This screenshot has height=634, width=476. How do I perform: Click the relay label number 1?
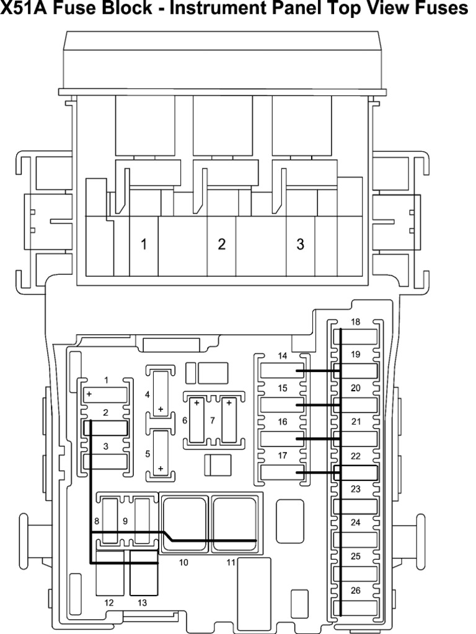(144, 244)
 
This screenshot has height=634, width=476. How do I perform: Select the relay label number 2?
(221, 244)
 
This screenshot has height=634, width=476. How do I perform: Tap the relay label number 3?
(300, 244)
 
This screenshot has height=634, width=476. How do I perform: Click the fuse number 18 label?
(355, 322)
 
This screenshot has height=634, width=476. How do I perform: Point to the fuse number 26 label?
(355, 591)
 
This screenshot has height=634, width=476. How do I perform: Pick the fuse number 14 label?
(283, 356)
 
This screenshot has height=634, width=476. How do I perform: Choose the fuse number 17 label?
(283, 456)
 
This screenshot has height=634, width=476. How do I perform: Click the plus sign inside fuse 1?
(89, 394)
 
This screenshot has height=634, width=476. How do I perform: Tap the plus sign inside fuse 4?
(161, 409)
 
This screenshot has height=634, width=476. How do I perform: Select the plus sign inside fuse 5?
(161, 468)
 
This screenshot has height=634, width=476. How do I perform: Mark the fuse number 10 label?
(183, 562)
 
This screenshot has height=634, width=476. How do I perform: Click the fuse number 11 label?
(231, 562)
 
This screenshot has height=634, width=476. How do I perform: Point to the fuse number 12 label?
(109, 603)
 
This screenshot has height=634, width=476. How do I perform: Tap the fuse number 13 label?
(142, 603)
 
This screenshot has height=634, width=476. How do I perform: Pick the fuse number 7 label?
(213, 420)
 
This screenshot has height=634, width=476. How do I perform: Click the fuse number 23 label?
(355, 489)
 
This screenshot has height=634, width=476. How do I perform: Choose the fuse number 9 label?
(125, 521)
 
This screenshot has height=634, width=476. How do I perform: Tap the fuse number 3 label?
(105, 446)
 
